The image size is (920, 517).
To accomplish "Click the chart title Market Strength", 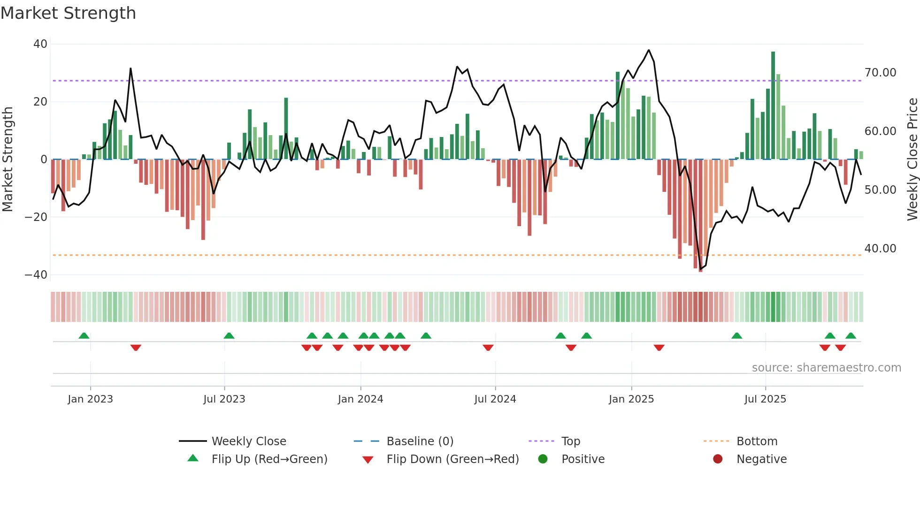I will click(68, 13).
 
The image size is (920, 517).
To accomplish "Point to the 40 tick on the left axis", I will click(40, 44).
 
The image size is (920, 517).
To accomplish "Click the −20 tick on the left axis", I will click(37, 217).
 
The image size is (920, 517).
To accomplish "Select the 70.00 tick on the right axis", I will click(880, 73).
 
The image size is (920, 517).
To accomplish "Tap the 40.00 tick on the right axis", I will click(880, 248).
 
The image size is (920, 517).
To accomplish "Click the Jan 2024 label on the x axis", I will click(360, 399).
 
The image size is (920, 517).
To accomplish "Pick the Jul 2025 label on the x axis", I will click(765, 399).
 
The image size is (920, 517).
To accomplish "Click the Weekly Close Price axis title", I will click(912, 159).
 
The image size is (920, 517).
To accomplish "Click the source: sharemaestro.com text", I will click(826, 368).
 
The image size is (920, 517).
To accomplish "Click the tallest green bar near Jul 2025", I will click(773, 106).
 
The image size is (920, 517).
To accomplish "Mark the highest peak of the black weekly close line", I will click(649, 50).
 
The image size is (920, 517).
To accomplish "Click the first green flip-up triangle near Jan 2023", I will click(84, 335).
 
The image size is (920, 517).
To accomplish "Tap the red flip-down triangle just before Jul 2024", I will click(488, 348).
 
